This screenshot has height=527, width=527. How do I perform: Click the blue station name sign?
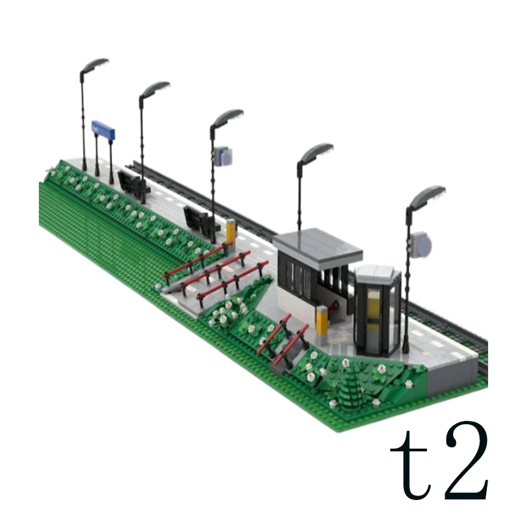pos(103,130)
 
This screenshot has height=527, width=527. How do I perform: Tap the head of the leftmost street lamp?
pos(94,66)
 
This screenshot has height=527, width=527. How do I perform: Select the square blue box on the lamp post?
pos(223,155)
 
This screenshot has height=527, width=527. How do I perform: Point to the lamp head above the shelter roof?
pos(316,153)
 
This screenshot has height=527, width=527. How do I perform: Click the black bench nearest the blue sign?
pos(133,182)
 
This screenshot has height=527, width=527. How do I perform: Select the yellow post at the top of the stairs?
pos(231,230)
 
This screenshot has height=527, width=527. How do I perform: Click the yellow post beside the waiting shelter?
pos(321,321)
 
